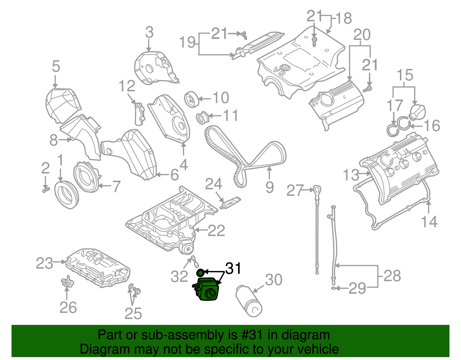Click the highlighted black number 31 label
tap(233, 268)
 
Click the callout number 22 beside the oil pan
tap(216, 231)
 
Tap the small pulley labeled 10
tap(190, 99)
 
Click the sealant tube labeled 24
tap(231, 203)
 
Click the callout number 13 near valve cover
tap(351, 175)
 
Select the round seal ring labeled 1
tap(66, 195)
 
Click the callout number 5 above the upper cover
tap(56, 66)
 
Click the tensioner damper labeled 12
tap(140, 114)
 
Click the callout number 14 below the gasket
tap(429, 222)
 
